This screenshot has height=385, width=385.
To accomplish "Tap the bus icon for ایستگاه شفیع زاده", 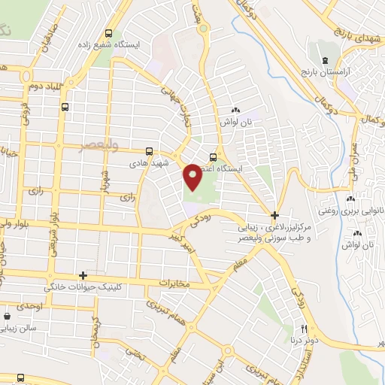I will click(x=110, y=33).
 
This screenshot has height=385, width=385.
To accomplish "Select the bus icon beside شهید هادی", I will click(x=149, y=151).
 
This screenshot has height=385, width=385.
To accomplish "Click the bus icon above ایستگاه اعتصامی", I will click(x=214, y=157).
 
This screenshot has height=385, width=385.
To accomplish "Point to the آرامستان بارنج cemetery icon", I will click(x=324, y=59).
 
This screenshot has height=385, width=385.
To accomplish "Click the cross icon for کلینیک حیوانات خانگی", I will click(x=83, y=275).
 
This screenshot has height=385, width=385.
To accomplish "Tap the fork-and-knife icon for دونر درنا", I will click(x=305, y=329).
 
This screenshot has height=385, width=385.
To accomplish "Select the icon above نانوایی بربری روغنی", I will click(x=350, y=199).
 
